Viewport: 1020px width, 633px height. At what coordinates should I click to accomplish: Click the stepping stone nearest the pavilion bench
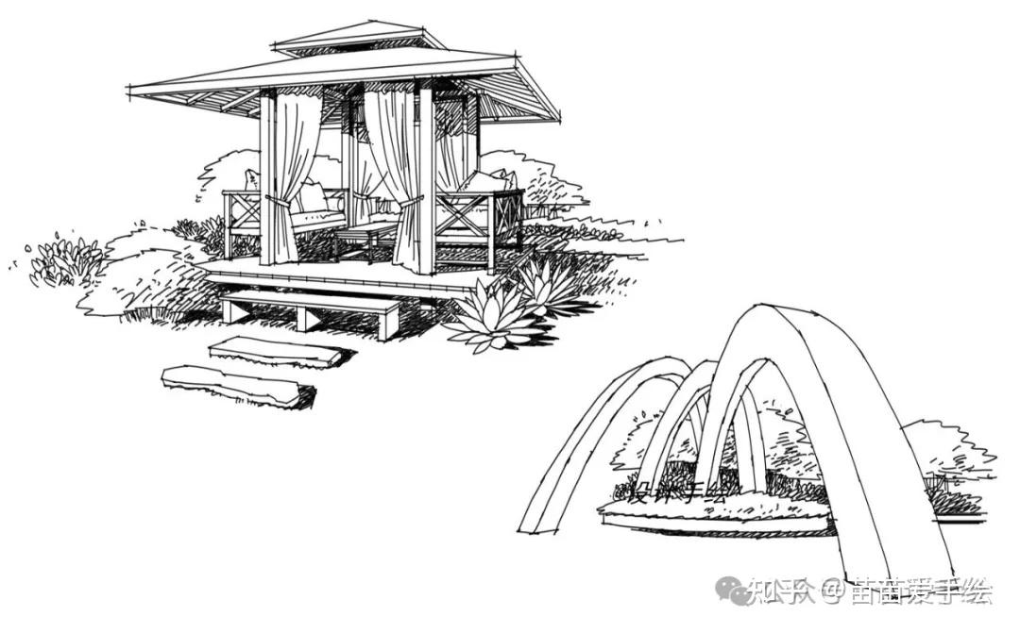tap(276, 351)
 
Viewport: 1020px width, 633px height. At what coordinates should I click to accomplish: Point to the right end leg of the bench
tap(387, 323)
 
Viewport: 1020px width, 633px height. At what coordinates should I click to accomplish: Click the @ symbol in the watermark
tap(829, 591)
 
